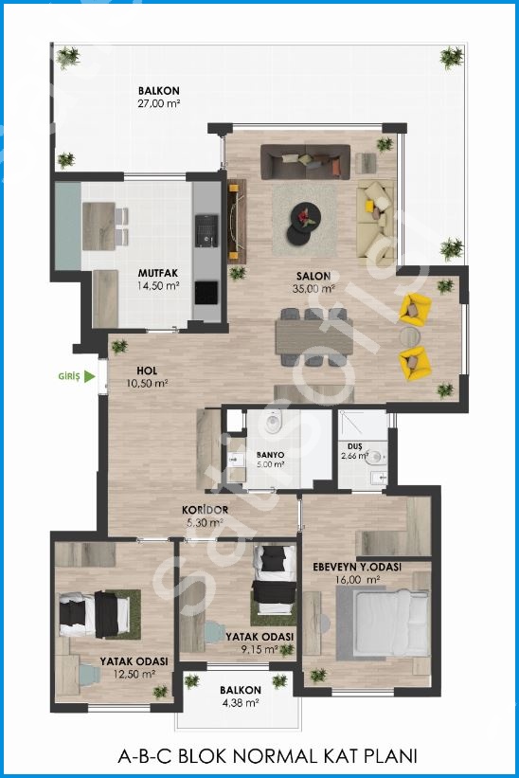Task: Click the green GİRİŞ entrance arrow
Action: coord(89,376)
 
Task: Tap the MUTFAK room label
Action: coord(157,273)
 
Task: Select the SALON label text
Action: coord(313,277)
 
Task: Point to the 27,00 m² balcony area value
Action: coord(158,103)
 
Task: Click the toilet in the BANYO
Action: coord(273,425)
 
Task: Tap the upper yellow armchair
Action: coord(415,309)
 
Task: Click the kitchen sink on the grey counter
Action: coord(206,230)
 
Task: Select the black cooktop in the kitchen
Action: coord(206,293)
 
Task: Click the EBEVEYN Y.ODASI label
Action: coord(357,567)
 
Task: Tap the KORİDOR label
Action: coord(205,510)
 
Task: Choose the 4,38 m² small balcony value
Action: coord(241,702)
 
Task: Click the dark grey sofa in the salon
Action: coord(305,162)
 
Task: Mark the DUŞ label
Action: coord(355,446)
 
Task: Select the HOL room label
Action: coord(147,371)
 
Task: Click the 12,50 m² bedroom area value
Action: coord(134,675)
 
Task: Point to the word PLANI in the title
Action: coord(390,756)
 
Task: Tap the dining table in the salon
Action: coord(313,337)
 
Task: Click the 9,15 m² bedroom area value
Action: coord(259,649)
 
